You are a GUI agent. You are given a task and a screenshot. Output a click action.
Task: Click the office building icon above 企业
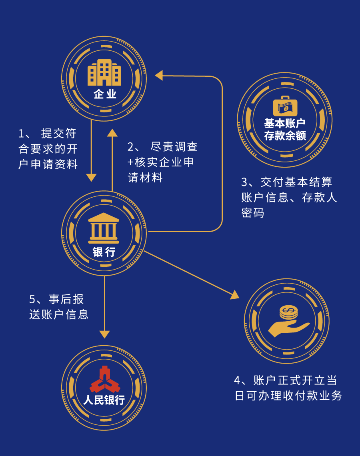104,73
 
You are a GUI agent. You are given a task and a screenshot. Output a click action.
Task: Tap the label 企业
104,94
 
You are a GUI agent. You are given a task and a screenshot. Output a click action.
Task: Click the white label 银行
104,252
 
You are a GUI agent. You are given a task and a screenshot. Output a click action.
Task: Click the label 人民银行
104,400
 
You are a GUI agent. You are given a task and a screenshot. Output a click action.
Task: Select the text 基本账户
285,123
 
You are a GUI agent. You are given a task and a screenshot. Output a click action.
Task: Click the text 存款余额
285,136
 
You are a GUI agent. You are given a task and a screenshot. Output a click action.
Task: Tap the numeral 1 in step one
22,133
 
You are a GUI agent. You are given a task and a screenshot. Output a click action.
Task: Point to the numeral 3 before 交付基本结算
245,182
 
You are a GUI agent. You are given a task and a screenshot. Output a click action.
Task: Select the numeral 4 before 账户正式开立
238,380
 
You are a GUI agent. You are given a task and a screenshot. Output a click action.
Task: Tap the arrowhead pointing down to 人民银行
104,334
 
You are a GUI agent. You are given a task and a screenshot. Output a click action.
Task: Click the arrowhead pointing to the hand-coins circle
235,295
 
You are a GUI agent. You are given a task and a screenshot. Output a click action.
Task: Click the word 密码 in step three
253,213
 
